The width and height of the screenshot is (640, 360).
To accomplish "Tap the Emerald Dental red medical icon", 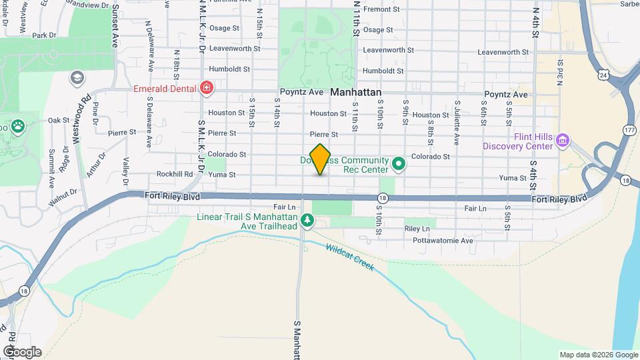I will coord(207,88).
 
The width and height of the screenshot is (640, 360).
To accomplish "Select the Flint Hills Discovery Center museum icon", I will coord(562,140).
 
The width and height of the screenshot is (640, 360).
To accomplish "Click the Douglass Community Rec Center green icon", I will coord(399,163).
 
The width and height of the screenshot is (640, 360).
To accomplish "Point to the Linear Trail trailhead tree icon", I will coord(307,219).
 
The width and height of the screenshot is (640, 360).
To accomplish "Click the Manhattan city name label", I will coord(355,93).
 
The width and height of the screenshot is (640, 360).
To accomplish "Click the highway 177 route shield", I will coord(630,131).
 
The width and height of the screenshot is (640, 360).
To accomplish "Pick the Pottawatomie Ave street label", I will coord(443,240).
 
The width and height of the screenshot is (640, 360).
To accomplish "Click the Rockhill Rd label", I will coord(175,174).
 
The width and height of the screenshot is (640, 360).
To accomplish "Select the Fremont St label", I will coord(381,9).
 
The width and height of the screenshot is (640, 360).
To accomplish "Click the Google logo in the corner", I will coord(22,352).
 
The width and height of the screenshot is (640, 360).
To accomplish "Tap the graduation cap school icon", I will coord(77,79).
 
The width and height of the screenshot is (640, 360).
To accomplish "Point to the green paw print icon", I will coord(16,125).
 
